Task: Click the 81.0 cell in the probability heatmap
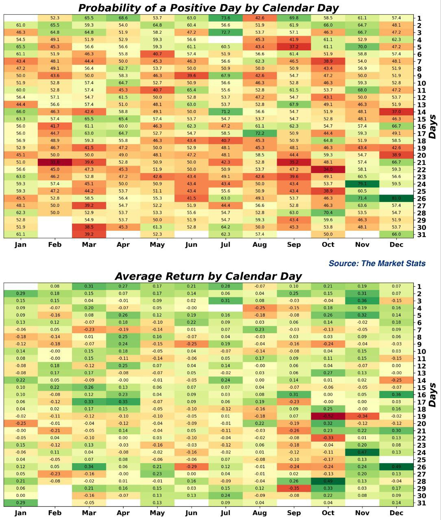click(396, 198)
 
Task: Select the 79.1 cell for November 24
click(362, 184)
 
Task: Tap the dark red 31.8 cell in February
click(55, 162)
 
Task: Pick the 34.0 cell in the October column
click(328, 169)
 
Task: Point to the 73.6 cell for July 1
click(225, 18)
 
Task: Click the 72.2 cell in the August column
click(260, 133)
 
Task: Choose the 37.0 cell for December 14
click(396, 112)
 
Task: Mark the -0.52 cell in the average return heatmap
click(328, 416)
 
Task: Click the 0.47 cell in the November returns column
click(362, 452)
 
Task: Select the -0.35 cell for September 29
click(294, 488)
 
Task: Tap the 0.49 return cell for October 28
click(328, 481)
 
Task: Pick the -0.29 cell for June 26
click(191, 467)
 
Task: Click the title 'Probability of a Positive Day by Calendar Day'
click(208, 8)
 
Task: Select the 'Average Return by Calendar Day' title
click(208, 277)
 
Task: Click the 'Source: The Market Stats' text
click(377, 264)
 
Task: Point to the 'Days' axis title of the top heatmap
click(433, 126)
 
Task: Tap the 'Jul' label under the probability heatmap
click(225, 245)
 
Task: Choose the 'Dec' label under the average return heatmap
click(396, 513)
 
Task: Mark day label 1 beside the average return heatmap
click(419, 286)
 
